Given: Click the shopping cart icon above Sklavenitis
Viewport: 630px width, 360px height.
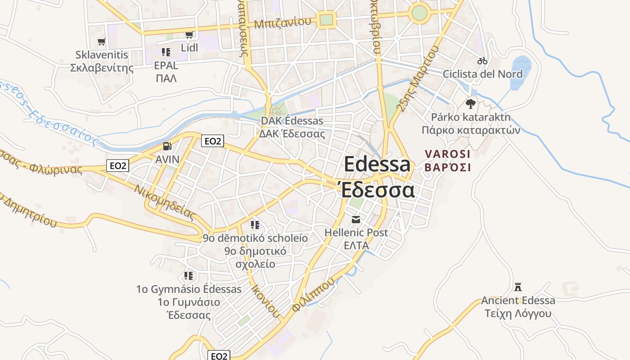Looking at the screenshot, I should click(102, 42).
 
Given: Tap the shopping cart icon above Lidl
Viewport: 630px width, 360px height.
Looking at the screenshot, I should click(189, 35).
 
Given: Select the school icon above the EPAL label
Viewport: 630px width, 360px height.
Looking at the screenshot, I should click(166, 52).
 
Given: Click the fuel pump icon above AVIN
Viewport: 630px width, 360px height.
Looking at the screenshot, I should click(167, 146).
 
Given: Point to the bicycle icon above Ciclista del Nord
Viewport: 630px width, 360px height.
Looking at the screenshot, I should click(482, 60).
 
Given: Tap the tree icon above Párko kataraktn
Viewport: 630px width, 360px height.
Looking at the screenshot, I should click(471, 104).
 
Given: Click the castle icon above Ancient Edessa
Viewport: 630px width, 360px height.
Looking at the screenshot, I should click(518, 287).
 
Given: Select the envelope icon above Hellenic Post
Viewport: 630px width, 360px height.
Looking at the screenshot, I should click(356, 220).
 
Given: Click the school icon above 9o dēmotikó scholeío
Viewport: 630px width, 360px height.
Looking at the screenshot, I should click(255, 225).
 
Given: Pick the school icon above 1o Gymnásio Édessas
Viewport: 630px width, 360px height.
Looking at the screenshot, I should click(189, 275).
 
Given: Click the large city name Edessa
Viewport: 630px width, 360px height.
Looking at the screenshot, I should click(377, 164).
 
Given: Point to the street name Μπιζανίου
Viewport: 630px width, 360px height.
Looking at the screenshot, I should click(283, 23).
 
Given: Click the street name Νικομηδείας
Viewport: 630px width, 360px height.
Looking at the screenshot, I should click(164, 202).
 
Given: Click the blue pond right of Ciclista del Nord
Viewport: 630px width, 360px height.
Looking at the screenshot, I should click(521, 65).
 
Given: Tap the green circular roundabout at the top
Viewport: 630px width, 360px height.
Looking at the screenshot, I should click(419, 13).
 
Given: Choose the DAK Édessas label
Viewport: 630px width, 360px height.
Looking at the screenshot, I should click(292, 121).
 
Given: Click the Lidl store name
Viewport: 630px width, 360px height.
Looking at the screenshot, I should click(189, 47).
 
